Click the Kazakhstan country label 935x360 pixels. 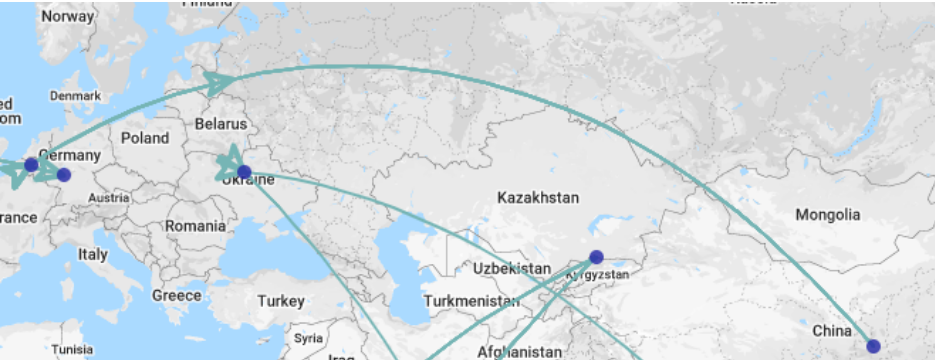point(537,199)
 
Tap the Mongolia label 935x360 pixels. point(827,215)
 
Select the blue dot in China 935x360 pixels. point(873,346)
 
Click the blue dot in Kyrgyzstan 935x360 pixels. point(597,256)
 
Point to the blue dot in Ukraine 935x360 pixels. point(244,172)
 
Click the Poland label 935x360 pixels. point(145,138)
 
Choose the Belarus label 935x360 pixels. point(221,125)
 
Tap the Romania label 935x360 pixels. point(196,226)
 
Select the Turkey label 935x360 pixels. point(280,300)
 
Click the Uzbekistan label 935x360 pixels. point(513,269)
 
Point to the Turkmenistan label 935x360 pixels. point(471,300)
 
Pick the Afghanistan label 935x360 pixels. point(520,352)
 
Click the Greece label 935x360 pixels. point(176,295)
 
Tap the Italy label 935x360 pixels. point(92,255)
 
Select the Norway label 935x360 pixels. point(67,17)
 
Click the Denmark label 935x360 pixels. point(75,96)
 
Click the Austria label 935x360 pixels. point(108,197)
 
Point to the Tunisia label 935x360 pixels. point(72,350)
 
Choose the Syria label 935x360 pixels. point(308,337)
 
